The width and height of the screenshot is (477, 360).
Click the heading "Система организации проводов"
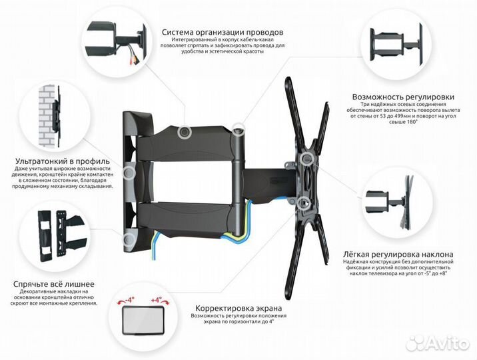click(x=223, y=32)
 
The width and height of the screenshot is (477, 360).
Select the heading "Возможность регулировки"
click(x=403, y=97)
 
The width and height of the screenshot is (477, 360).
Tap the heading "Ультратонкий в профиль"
click(x=63, y=161)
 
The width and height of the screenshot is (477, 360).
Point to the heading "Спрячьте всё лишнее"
click(x=54, y=284)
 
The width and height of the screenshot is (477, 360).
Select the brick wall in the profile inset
click(x=47, y=115)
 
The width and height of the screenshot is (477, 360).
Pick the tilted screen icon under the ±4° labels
click(x=143, y=320)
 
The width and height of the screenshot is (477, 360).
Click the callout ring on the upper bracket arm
click(x=184, y=133)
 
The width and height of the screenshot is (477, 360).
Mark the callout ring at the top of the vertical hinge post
click(x=238, y=129)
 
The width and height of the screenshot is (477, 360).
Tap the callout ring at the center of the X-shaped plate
click(x=306, y=159)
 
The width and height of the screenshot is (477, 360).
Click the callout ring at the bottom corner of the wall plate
click(x=129, y=239)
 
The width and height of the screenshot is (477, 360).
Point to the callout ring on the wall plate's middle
click(x=129, y=173)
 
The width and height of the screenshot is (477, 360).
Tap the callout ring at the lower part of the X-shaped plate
click(x=303, y=203)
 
